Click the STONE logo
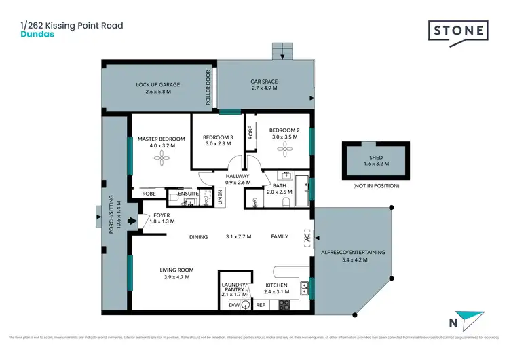(458, 31)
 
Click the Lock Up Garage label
(157, 85)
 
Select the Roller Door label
(209, 88)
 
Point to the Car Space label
(264, 82)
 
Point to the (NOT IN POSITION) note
(375, 185)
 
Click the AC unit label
(307, 238)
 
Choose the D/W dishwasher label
(234, 305)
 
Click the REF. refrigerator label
(260, 306)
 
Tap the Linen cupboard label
(220, 197)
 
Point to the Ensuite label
(189, 194)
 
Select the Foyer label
(161, 215)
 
